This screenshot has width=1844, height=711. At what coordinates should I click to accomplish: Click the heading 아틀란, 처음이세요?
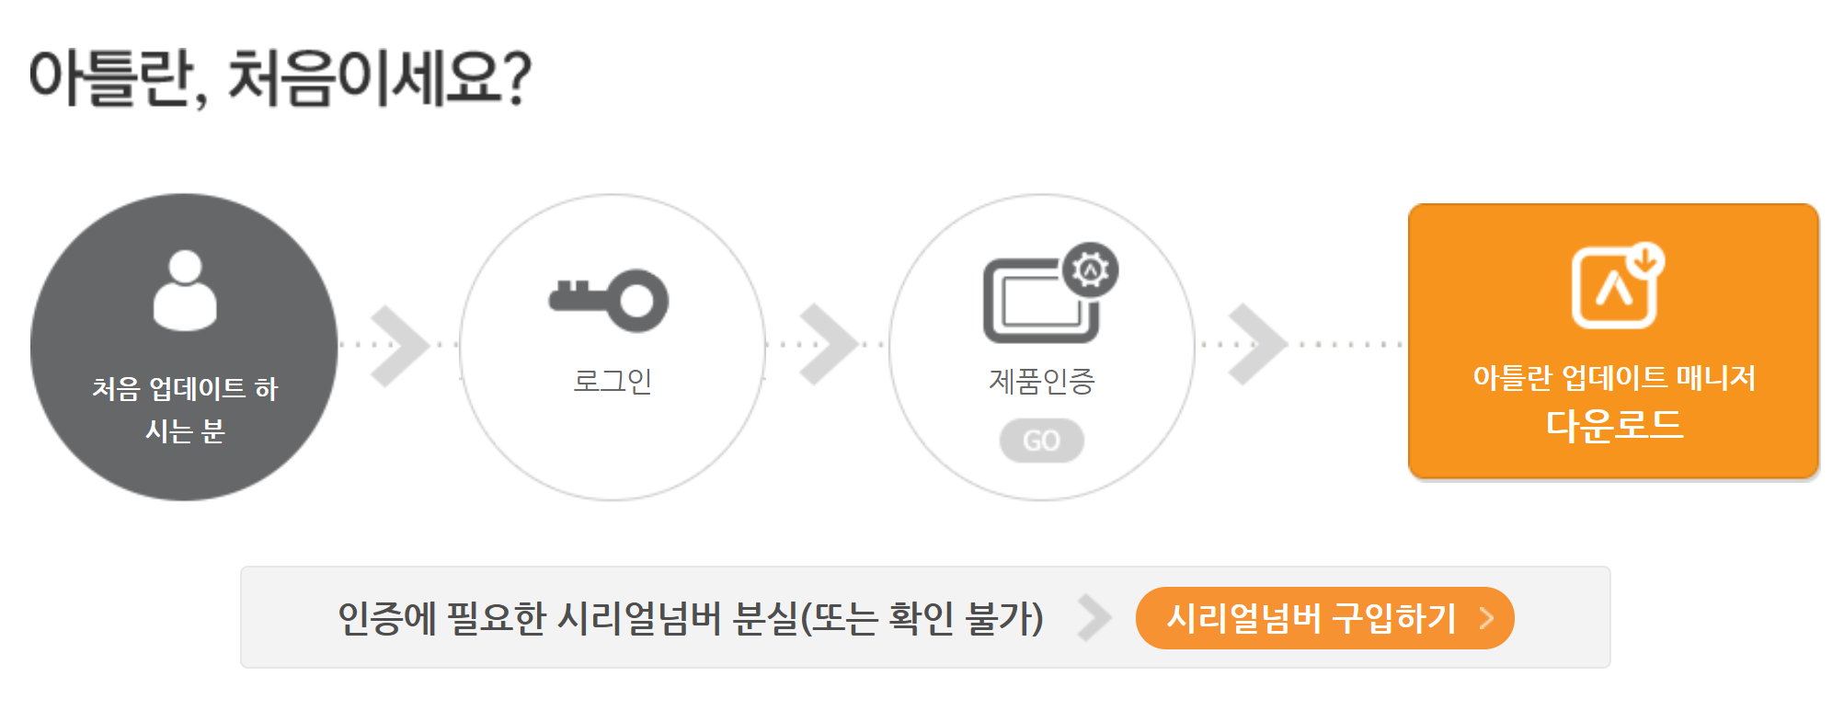click(x=281, y=78)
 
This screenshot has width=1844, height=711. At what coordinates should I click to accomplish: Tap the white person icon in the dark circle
click(x=185, y=291)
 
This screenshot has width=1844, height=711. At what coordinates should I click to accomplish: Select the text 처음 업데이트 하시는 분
click(x=185, y=409)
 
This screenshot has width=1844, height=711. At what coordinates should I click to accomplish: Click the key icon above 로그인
click(x=609, y=300)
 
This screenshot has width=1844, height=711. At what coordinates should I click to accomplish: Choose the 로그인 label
click(x=613, y=381)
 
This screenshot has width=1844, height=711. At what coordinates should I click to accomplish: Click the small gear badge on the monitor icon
click(x=1091, y=269)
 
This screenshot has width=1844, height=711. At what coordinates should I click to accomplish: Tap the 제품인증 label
click(x=1041, y=381)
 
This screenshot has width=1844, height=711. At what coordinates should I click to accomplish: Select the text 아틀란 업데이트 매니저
click(x=1614, y=378)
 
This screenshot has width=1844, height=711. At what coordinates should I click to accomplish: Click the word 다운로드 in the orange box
click(x=1614, y=426)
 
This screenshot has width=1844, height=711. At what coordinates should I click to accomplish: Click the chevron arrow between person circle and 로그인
click(x=399, y=345)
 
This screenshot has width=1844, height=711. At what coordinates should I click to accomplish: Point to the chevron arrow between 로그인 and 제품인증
click(x=828, y=345)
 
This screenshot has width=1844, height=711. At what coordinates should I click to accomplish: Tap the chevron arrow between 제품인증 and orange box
click(x=1256, y=345)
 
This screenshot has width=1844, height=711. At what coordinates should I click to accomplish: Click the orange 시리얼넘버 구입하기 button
click(x=1324, y=618)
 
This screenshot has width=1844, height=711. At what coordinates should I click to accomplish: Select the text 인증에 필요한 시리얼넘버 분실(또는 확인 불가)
click(x=690, y=618)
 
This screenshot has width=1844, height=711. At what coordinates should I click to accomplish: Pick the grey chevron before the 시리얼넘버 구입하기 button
click(x=1094, y=618)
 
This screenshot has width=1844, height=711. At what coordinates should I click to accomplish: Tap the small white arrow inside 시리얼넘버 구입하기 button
click(x=1486, y=618)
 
